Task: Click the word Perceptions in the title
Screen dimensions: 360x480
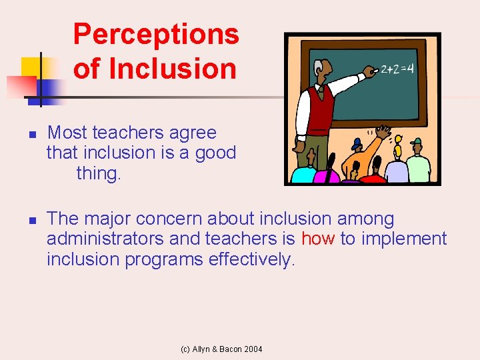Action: (156, 34)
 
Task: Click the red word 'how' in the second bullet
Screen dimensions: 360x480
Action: (318, 239)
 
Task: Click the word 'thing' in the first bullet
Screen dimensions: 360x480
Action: (99, 173)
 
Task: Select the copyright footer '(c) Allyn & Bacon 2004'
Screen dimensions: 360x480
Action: (222, 349)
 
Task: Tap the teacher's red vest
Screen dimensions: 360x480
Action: (320, 110)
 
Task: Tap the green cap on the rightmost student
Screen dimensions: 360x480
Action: (417, 142)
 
